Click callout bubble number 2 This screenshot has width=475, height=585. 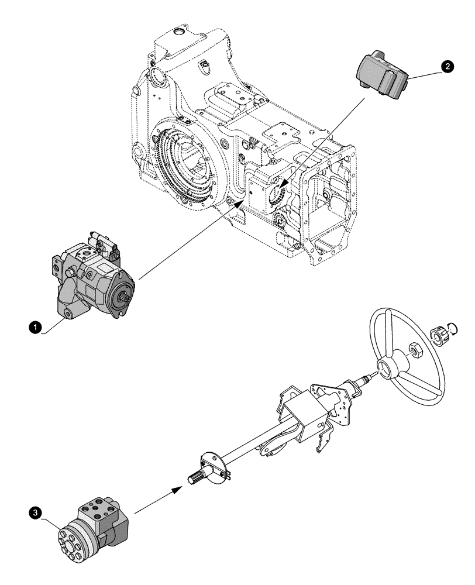point(448,68)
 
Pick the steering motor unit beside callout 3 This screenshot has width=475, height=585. point(94,530)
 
